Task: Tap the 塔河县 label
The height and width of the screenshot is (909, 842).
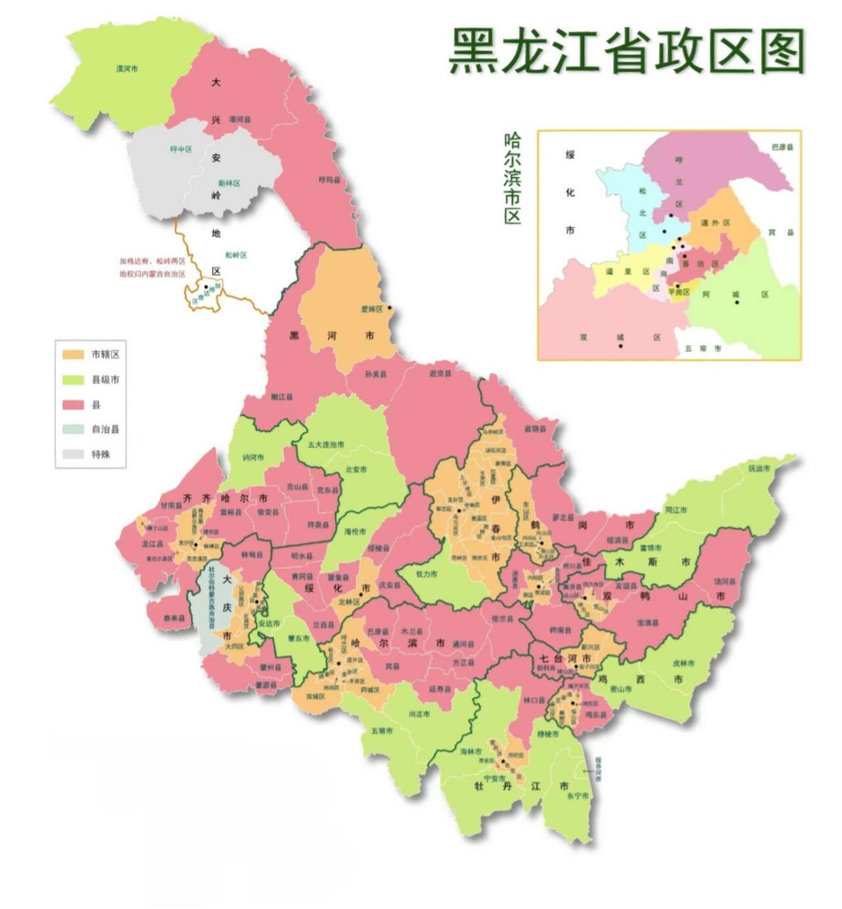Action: coord(239,120)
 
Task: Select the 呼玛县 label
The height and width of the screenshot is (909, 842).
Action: coord(329,180)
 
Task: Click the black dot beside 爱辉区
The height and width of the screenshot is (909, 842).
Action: coord(389,308)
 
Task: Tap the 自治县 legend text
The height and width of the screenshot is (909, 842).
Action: coord(105,430)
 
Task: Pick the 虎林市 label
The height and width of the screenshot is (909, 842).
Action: coord(683,663)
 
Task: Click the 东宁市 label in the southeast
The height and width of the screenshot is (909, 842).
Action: coord(577,796)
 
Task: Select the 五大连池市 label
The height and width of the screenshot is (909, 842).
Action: coord(326,445)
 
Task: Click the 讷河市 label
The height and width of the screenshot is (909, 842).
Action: coord(253,457)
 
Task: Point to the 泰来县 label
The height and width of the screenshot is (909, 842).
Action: coord(173,619)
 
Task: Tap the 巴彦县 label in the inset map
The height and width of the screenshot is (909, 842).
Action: coord(782,147)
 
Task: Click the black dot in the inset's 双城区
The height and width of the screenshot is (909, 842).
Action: coord(621,346)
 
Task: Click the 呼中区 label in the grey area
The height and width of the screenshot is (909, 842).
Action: coord(181,149)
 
